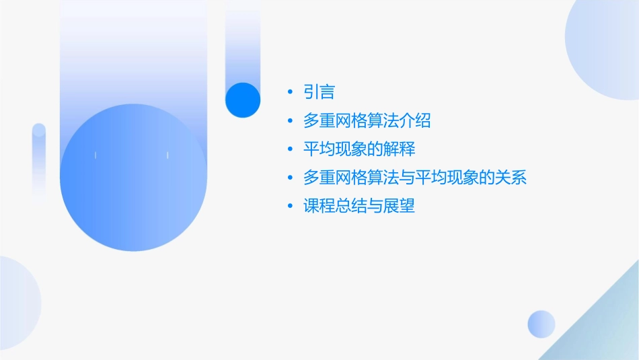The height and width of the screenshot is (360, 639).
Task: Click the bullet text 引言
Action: click(x=319, y=92)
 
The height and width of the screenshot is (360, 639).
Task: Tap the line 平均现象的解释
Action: click(x=359, y=149)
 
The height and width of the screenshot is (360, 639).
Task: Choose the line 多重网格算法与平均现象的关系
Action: click(x=414, y=178)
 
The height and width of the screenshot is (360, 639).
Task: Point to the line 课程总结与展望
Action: click(x=359, y=206)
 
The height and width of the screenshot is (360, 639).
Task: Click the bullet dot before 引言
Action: click(x=290, y=92)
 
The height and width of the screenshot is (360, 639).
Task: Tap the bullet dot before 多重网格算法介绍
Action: click(x=290, y=121)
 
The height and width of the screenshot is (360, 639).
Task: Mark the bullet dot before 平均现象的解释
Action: click(x=290, y=149)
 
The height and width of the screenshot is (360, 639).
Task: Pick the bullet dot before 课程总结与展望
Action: click(x=290, y=207)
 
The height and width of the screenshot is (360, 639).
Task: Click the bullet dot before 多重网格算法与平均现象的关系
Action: click(x=290, y=178)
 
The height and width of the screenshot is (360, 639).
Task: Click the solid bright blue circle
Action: click(x=243, y=100)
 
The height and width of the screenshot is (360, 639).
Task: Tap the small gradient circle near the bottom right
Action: click(x=541, y=324)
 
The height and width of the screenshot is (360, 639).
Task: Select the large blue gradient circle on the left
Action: click(x=133, y=178)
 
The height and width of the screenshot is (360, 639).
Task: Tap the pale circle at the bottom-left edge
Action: click(x=17, y=303)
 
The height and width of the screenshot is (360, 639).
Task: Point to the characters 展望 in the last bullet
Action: click(x=401, y=206)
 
